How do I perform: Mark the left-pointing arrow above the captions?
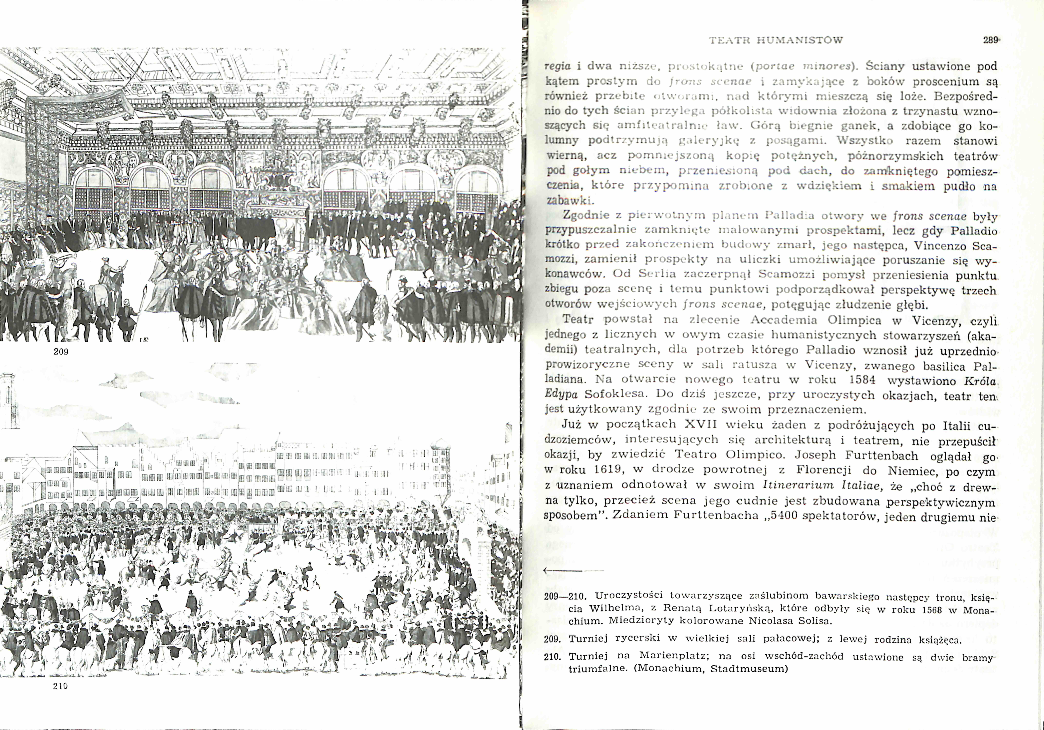(x=564, y=570)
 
